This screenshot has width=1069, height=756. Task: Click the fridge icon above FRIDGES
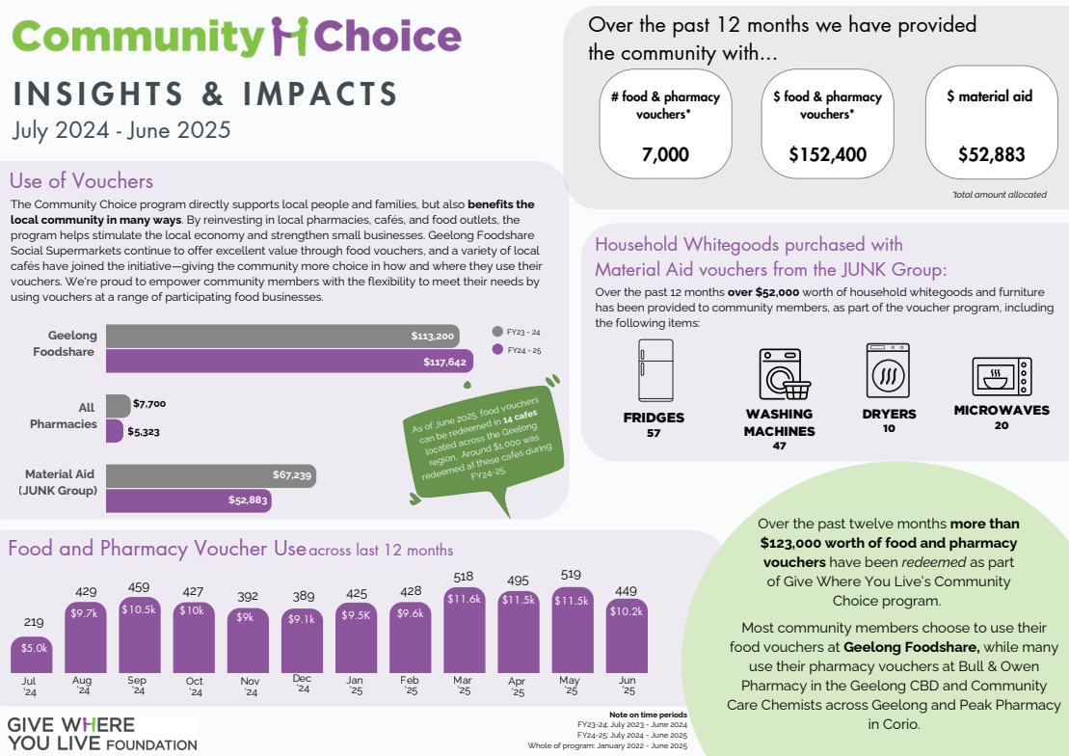[655, 371]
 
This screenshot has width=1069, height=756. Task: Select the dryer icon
[888, 370]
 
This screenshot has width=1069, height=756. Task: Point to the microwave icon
[1001, 376]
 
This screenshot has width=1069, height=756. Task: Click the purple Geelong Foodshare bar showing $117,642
[289, 362]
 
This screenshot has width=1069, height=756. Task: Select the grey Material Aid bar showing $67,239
[210, 475]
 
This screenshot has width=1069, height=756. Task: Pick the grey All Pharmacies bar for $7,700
[118, 405]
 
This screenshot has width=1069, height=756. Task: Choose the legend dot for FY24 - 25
[497, 350]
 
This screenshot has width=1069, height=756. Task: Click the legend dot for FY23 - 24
[497, 330]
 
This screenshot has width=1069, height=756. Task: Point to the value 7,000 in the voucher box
[665, 153]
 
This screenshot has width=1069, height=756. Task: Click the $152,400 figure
[827, 153]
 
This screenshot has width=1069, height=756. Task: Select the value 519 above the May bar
[571, 575]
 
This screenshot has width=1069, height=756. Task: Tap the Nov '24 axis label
[250, 686]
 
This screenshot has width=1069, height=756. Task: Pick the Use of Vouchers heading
[81, 181]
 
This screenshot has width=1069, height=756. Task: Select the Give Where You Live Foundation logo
[101, 734]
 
